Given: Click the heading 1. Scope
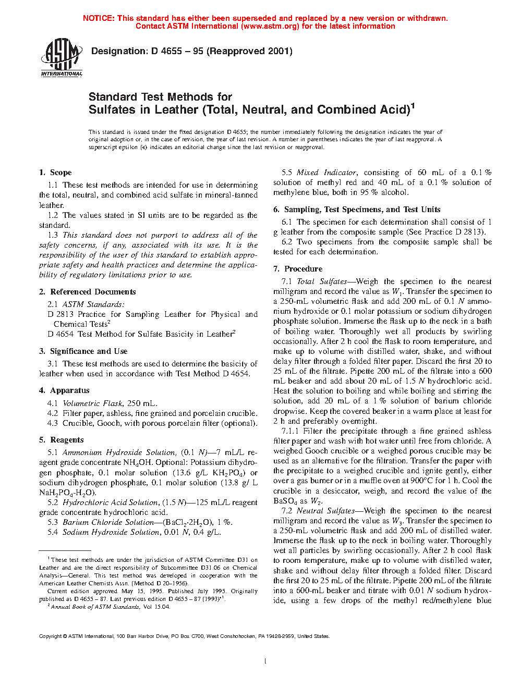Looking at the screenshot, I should [x=55, y=173].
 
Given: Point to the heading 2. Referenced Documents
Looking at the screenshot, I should [x=88, y=292].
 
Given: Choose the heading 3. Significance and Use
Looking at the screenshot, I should [x=83, y=351].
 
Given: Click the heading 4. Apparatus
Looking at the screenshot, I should [x=64, y=390].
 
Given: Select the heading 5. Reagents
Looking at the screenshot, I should [x=62, y=440].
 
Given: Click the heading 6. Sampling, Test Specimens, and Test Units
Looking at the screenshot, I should [x=357, y=210].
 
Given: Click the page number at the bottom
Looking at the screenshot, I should [x=265, y=661].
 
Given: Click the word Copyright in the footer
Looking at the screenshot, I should [x=51, y=636].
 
